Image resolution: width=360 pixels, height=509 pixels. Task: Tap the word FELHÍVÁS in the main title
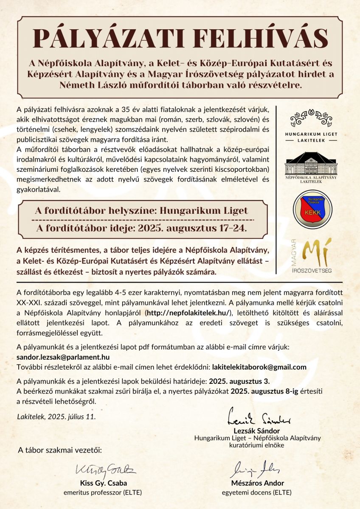251,39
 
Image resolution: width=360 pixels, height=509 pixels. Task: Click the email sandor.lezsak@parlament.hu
63,357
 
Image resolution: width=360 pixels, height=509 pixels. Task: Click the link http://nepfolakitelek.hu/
188,313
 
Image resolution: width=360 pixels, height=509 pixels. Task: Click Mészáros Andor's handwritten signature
257,469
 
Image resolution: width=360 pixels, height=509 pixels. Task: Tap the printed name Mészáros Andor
257,483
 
